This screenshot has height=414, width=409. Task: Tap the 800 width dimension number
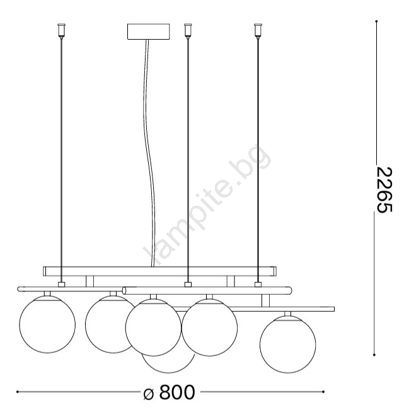click(x=177, y=393)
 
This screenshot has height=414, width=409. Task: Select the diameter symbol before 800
click(x=149, y=394)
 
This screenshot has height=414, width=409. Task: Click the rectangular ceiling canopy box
click(x=149, y=32)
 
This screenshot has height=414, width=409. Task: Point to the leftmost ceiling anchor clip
click(x=61, y=30)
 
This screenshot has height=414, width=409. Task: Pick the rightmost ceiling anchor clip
click(x=258, y=30)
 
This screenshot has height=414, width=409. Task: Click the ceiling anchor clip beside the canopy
click(x=188, y=30)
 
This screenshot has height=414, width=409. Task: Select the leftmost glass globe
click(x=47, y=324)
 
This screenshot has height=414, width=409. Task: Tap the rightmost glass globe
click(x=288, y=345)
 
